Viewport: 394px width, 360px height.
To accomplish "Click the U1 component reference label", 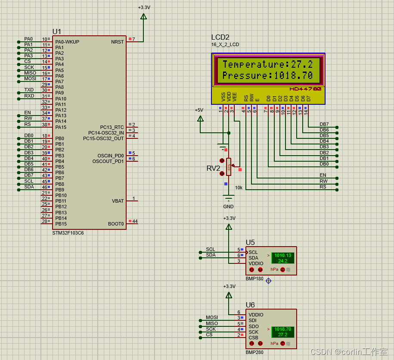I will [x=57, y=32].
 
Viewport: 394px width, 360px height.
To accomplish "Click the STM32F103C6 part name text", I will [x=68, y=233].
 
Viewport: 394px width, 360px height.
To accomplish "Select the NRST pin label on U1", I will [x=117, y=42].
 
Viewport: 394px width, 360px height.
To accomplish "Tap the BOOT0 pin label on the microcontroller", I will [x=116, y=224].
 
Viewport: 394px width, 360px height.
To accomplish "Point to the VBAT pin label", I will [x=118, y=201].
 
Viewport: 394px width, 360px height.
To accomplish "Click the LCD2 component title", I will [x=220, y=38].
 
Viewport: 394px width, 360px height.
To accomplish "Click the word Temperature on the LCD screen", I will [x=253, y=65].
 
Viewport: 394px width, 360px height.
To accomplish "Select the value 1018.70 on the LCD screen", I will [x=293, y=76].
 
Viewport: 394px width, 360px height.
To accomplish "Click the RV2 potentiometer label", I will [x=213, y=168].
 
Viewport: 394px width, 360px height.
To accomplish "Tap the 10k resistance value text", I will [x=239, y=188].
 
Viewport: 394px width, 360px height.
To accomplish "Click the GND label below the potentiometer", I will [x=228, y=207].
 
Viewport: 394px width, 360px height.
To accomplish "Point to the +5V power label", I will [x=199, y=110].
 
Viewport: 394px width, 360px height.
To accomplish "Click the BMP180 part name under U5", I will [x=254, y=279].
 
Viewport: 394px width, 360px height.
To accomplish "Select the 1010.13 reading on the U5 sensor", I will [x=282, y=255].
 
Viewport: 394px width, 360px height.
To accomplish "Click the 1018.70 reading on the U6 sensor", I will [x=282, y=329].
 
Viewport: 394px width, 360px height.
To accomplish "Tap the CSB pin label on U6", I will [x=253, y=338].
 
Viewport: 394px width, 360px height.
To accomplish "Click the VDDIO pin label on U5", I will [x=256, y=263].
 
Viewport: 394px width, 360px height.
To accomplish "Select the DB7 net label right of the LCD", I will [x=324, y=124].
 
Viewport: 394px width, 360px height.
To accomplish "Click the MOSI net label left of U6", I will [x=212, y=317].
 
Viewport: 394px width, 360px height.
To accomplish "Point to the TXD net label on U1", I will [x=29, y=90].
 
